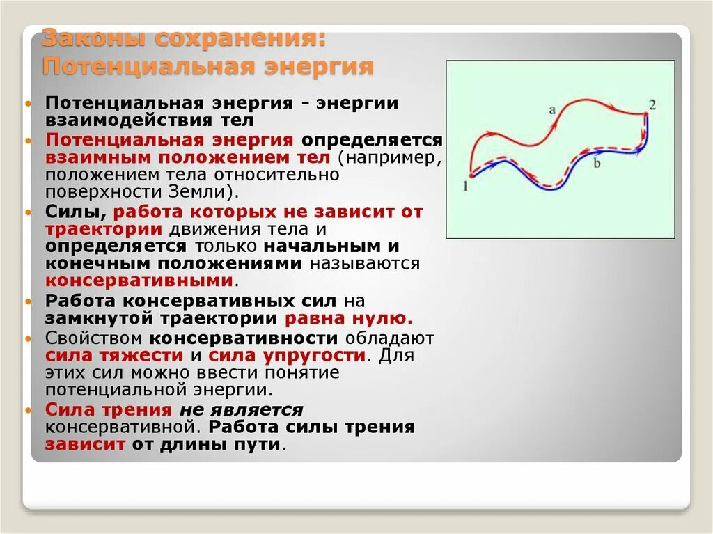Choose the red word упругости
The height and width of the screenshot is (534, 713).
pyautogui.click(x=324, y=355)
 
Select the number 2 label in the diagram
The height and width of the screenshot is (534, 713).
pyautogui.click(x=652, y=105)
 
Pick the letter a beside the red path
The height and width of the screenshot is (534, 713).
pyautogui.click(x=551, y=109)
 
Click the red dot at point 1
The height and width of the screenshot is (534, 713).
pyautogui.click(x=470, y=175)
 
